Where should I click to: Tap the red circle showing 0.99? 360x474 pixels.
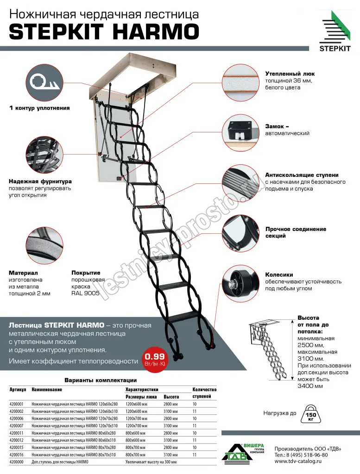pyautogui.click(x=155, y=359)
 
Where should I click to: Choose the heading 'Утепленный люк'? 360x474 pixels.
pyautogui.click(x=290, y=74)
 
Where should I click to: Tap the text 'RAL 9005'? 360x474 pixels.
pyautogui.click(x=85, y=293)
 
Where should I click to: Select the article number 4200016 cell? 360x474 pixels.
pyautogui.click(x=16, y=455)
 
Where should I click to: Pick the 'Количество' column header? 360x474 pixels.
pyautogui.click(x=204, y=390)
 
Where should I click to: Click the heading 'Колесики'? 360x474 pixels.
pyautogui.click(x=279, y=274)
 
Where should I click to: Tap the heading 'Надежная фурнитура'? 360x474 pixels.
pyautogui.click(x=40, y=181)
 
